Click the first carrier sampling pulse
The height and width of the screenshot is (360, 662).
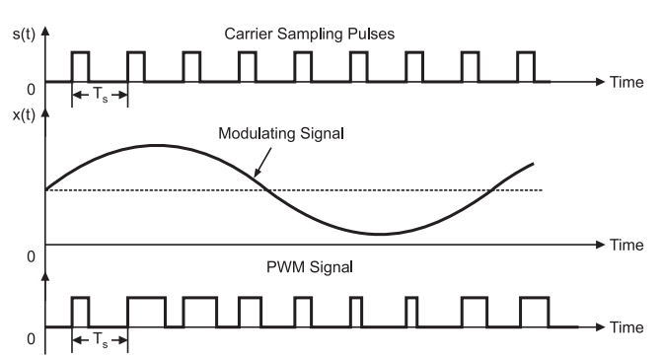click(80, 66)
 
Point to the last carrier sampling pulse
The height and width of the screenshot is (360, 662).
click(526, 66)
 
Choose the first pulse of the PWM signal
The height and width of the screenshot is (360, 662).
click(80, 311)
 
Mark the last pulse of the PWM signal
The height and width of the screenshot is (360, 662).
click(534, 311)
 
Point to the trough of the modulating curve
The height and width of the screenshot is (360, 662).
click(379, 234)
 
